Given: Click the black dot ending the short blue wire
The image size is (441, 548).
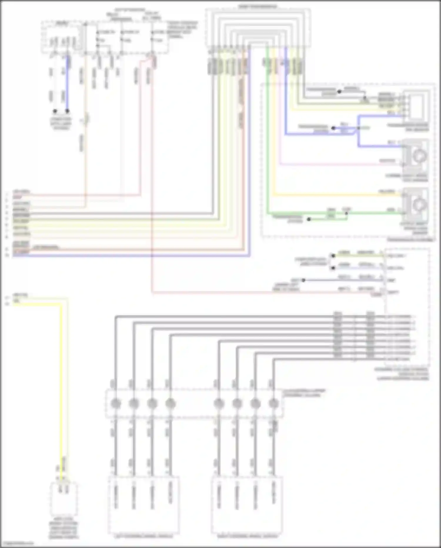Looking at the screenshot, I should click(x=67, y=111).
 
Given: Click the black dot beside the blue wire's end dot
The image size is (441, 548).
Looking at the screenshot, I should click(x=55, y=111).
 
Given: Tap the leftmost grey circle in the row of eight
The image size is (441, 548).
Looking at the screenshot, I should click(x=116, y=403).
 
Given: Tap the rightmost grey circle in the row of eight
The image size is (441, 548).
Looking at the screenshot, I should click(x=274, y=403).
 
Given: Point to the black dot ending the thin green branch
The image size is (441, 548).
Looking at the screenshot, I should click(x=309, y=219).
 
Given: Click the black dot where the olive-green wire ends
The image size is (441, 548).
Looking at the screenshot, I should click(x=333, y=256).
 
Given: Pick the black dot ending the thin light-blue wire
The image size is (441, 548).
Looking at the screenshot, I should click(x=333, y=268).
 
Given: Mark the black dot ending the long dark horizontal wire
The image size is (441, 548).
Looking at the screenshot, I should click(x=303, y=280).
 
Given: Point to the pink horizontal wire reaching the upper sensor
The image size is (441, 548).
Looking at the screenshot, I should click(x=338, y=164).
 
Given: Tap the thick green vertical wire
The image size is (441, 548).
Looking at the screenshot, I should click(x=268, y=133).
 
